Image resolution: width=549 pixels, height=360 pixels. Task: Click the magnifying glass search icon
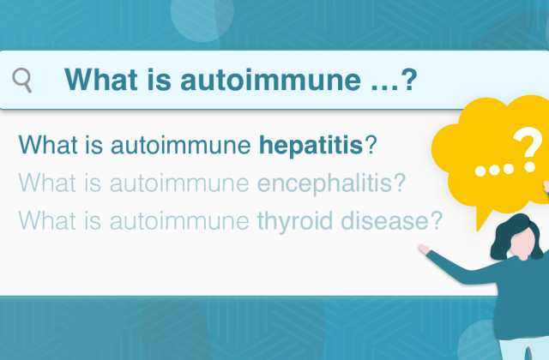click(22, 80)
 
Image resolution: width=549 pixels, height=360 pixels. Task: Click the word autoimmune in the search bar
click(270, 80)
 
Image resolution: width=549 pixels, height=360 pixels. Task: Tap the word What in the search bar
click(101, 80)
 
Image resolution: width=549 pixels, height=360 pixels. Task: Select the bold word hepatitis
click(311, 145)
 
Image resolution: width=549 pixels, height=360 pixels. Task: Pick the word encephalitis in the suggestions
click(331, 183)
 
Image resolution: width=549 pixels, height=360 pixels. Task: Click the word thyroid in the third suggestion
click(295, 221)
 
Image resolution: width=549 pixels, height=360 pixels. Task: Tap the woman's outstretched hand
click(424, 249)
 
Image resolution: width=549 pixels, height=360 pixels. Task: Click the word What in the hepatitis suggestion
click(48, 145)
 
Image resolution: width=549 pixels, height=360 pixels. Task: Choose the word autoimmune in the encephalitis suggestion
click(179, 183)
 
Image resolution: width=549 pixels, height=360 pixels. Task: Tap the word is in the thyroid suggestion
click(93, 221)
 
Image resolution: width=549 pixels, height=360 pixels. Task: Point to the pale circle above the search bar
click(202, 18)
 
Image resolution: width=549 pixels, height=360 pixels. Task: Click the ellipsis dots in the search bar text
click(383, 87)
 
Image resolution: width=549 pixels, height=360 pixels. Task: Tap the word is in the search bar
click(159, 80)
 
